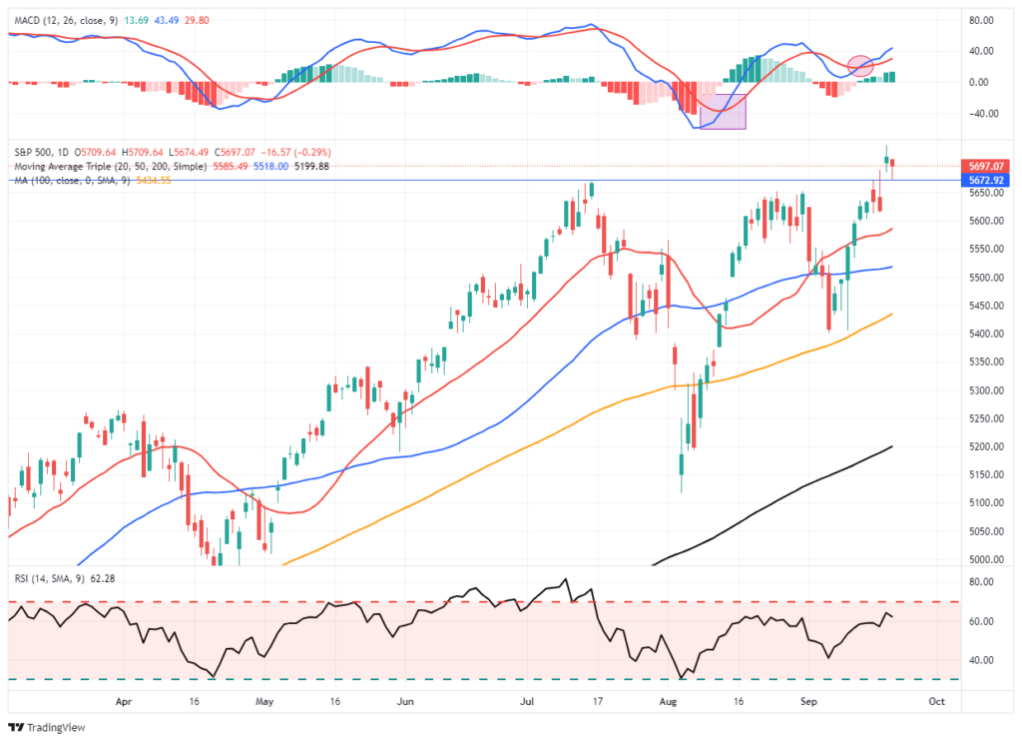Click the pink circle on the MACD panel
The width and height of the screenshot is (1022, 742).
click(x=860, y=66)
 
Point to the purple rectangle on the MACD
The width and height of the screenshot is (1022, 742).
click(x=723, y=111)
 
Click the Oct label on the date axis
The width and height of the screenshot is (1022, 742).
click(x=935, y=702)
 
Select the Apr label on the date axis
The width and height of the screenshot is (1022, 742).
click(x=123, y=702)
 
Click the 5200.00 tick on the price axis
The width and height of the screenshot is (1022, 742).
click(x=986, y=446)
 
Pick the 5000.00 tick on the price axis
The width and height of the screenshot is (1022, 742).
click(x=986, y=559)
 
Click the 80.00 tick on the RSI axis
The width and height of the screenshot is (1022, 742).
click(x=982, y=581)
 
